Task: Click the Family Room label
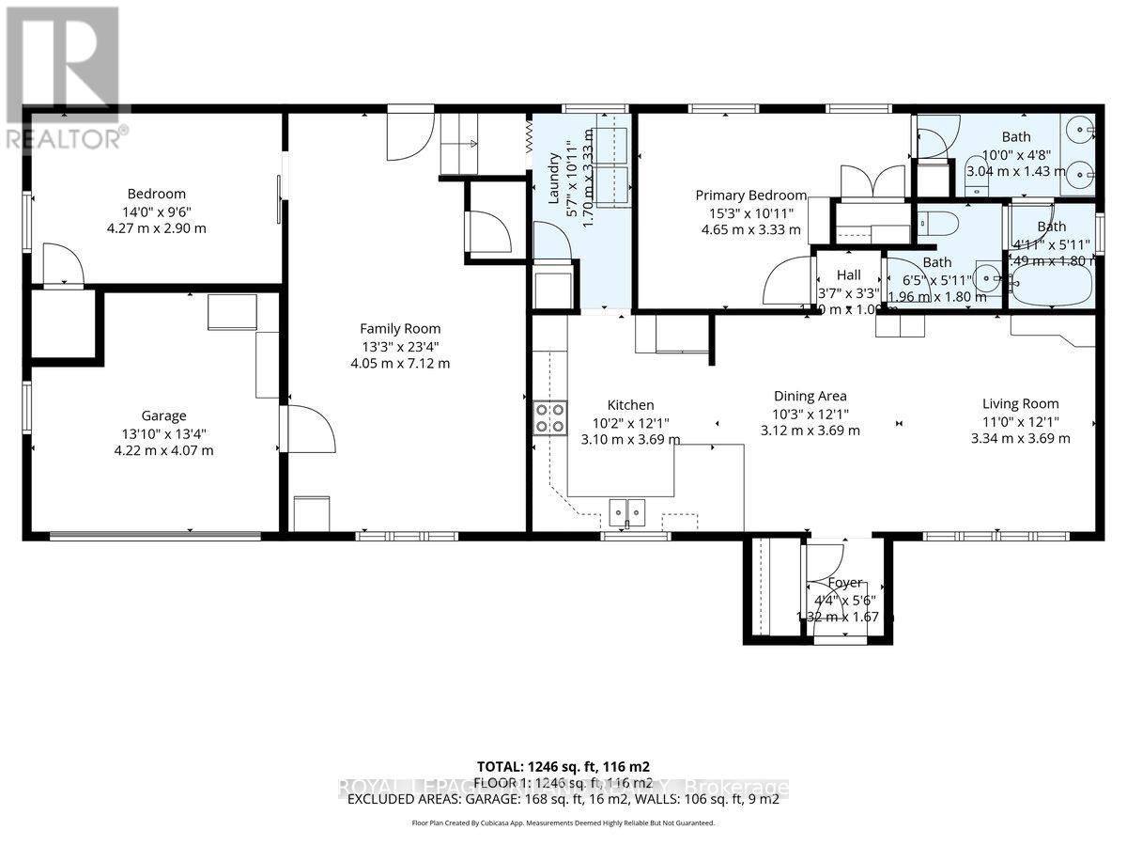click(400, 328)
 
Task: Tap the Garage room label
click(164, 415)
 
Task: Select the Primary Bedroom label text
click(750, 196)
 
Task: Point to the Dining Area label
click(810, 396)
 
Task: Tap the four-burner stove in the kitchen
click(549, 416)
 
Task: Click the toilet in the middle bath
click(939, 222)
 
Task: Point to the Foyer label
click(843, 583)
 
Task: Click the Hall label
click(848, 275)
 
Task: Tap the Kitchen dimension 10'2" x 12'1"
click(629, 423)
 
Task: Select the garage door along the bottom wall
click(155, 537)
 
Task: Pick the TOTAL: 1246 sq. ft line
click(563, 766)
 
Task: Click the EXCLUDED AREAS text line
click(563, 800)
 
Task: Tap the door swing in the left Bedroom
click(63, 265)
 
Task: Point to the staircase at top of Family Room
click(459, 143)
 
